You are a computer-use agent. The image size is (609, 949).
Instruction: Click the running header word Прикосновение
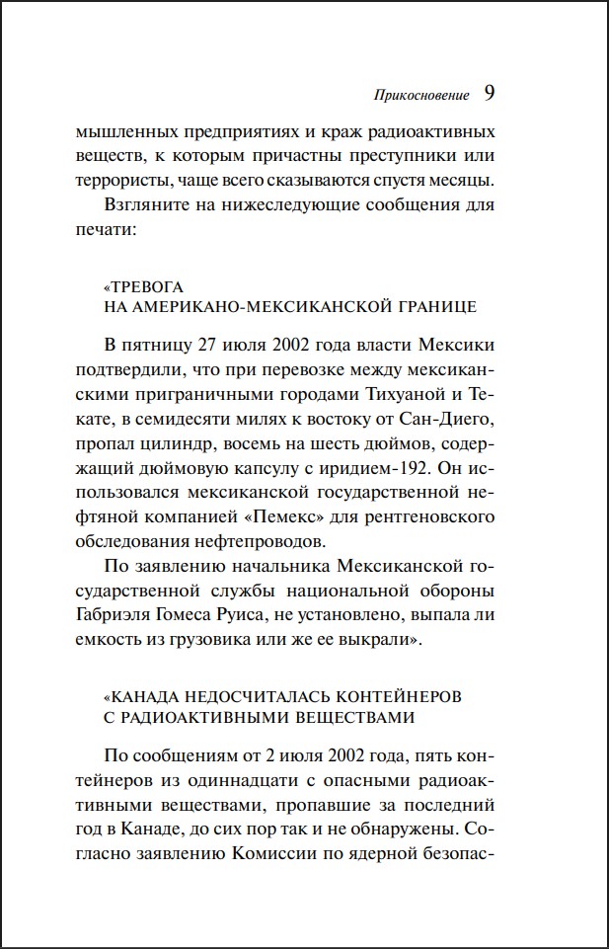(422, 98)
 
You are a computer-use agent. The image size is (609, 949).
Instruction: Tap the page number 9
(490, 95)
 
